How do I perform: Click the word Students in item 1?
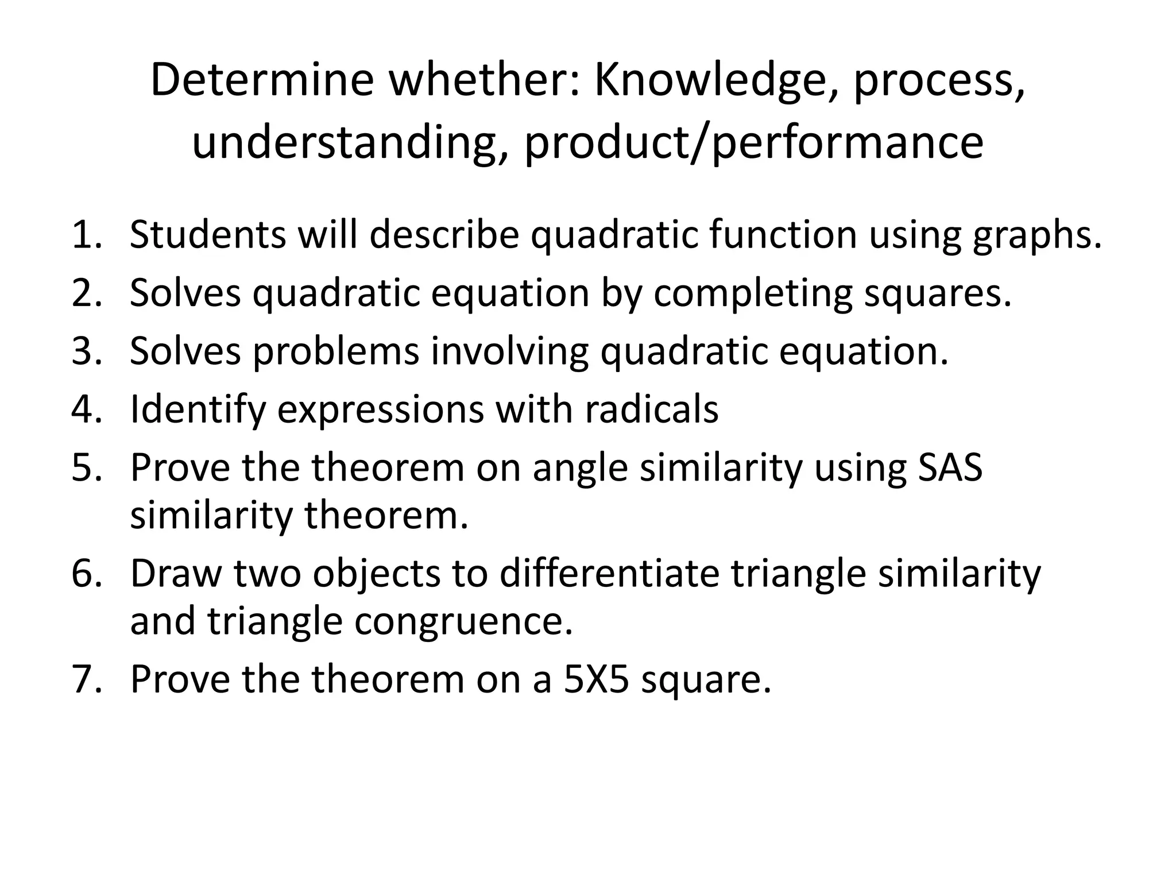(207, 235)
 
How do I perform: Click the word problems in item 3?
(336, 351)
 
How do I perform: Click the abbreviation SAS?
(950, 467)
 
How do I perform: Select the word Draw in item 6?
(176, 574)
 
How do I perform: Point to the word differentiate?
(609, 574)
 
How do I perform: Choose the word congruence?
(463, 622)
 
